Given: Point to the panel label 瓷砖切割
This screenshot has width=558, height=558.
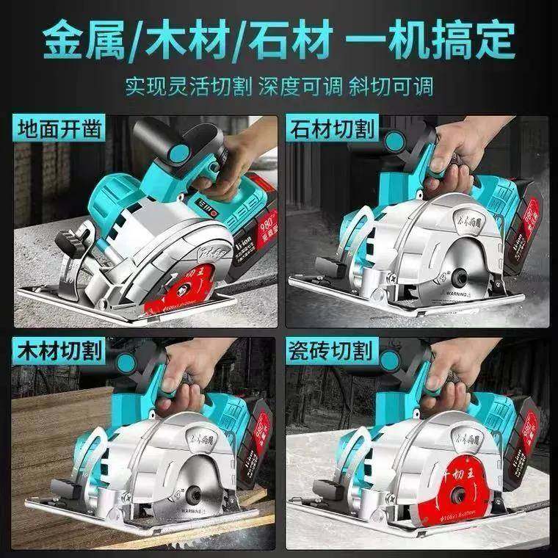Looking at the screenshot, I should tap(333, 352).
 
